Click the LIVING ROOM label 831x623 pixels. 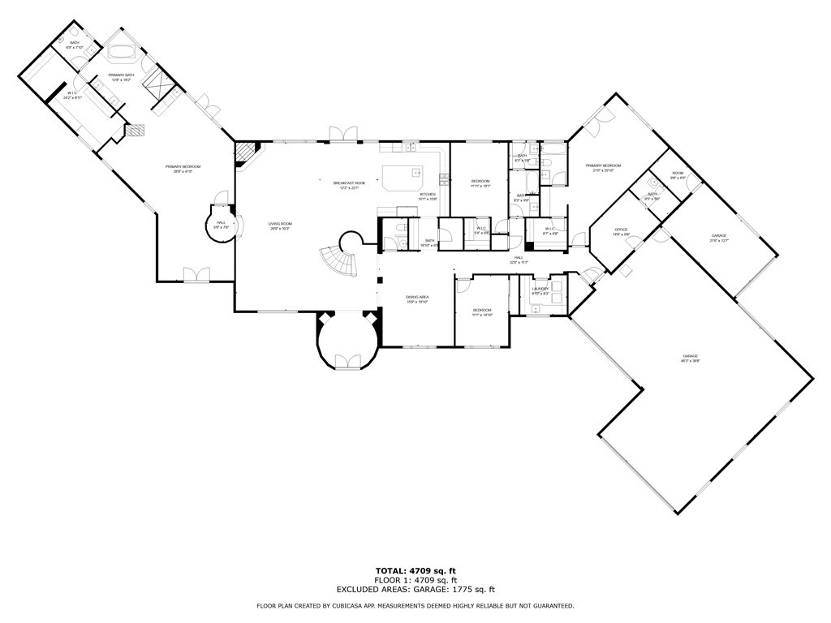280,226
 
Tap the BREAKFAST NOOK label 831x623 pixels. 349,185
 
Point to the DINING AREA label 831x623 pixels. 417,299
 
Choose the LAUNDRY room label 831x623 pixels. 540,290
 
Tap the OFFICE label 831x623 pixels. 621,232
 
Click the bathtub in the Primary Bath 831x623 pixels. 123,54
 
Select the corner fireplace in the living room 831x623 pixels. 244,153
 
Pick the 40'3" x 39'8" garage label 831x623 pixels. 691,359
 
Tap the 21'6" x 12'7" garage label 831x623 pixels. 719,238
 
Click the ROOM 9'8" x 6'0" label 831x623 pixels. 678,175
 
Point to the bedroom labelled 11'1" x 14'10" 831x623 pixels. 482,311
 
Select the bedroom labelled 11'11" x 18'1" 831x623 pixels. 480,183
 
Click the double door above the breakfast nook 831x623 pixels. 342,134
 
